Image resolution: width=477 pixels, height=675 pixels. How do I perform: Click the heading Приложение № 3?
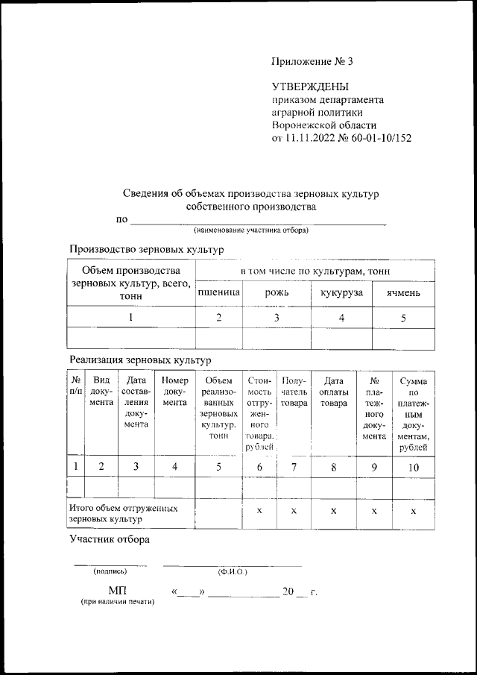pyautogui.click(x=312, y=60)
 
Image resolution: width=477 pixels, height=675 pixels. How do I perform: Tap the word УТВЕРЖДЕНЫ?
pyautogui.click(x=310, y=87)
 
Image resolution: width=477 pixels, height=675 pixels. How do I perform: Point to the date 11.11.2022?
pyautogui.click(x=312, y=138)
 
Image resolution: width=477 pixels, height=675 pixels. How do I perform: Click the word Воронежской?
pyautogui.click(x=305, y=125)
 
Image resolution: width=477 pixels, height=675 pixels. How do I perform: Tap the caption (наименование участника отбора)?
pyautogui.click(x=251, y=230)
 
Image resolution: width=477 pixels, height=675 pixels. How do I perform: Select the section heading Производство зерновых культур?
pyautogui.click(x=146, y=249)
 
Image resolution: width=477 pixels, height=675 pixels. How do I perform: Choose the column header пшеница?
pyautogui.click(x=218, y=293)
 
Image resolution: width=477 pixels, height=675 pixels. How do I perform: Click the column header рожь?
pyautogui.click(x=277, y=293)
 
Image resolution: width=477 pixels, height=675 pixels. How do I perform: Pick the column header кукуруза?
pyautogui.click(x=341, y=293)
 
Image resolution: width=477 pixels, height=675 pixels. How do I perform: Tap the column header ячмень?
pyautogui.click(x=403, y=293)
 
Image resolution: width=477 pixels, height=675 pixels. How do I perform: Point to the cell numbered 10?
pyautogui.click(x=413, y=467)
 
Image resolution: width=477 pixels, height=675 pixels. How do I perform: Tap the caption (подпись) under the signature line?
pyautogui.click(x=110, y=572)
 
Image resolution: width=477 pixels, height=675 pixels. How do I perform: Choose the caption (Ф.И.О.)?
pyautogui.click(x=233, y=572)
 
